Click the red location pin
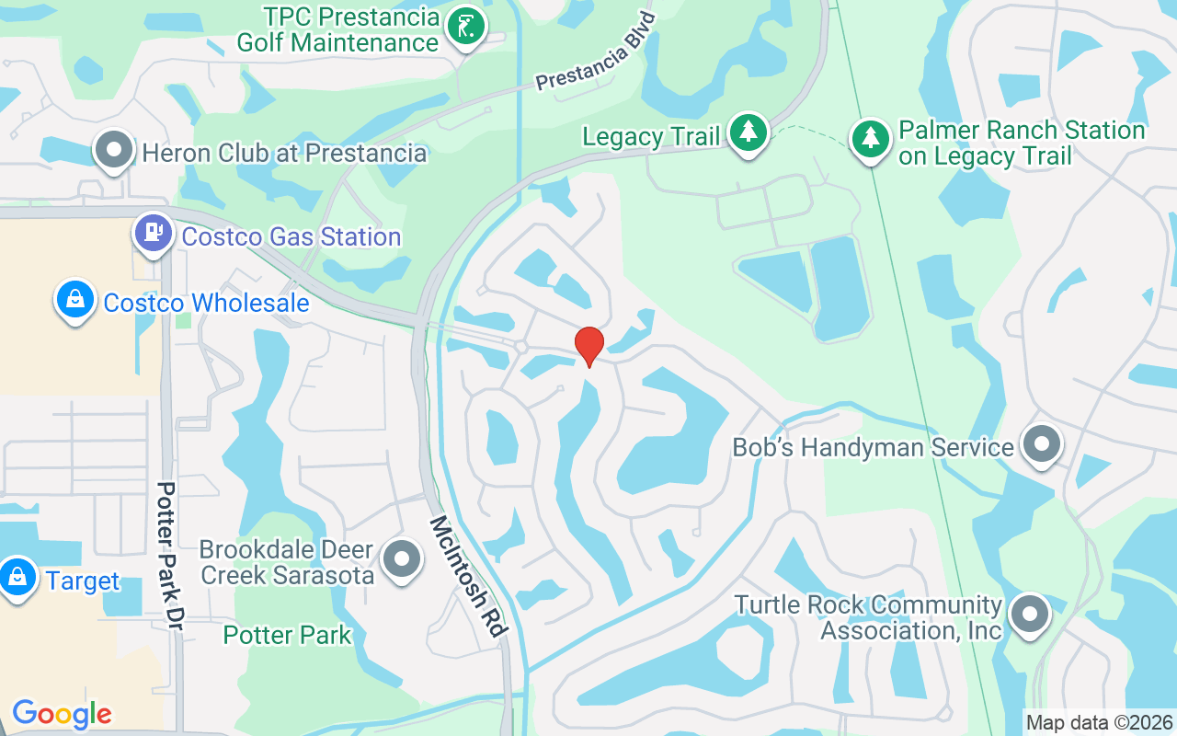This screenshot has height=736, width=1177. pos(588,346)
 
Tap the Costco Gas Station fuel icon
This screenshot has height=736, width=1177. pos(154,232)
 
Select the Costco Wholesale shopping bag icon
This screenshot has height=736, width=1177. pos(75,299)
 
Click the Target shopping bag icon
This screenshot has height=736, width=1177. pos(17,578)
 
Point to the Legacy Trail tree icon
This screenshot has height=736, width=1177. pos(748,132)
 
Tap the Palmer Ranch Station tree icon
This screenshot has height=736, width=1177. pos(870,139)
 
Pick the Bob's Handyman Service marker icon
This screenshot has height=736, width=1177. pos(1042,444)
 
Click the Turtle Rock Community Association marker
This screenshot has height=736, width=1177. pos(1030,614)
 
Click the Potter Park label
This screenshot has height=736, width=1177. pos(287,635)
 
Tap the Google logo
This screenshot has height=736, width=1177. pos(62,714)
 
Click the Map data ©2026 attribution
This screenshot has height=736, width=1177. pos(1100,722)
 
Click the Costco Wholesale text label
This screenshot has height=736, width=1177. pos(206,303)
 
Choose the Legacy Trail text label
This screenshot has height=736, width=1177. pos(651,137)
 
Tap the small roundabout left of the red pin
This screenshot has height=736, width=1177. pos(520,347)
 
